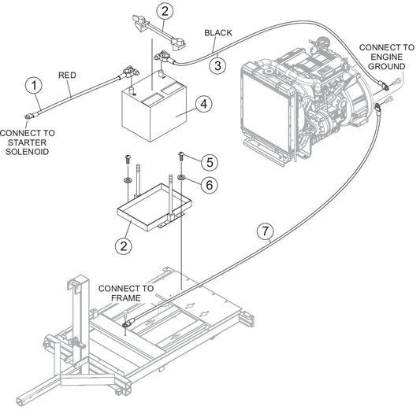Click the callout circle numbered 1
[x=34, y=86]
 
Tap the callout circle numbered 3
[x=217, y=65]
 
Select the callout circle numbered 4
[x=204, y=104]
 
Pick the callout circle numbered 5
[x=210, y=162]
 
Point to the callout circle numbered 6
[x=209, y=185]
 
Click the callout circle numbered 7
[x=266, y=231]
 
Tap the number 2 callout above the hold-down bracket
[x=165, y=11]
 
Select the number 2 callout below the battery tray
[x=124, y=246]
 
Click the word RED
[x=67, y=75]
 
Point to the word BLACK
[x=218, y=32]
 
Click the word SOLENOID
[x=28, y=152]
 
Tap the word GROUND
[x=387, y=66]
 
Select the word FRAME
[x=125, y=297]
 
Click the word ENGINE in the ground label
[x=387, y=57]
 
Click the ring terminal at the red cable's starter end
[x=29, y=116]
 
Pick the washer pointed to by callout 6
[x=181, y=177]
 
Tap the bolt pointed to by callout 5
[x=181, y=155]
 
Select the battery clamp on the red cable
[x=131, y=72]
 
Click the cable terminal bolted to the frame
[x=127, y=324]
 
